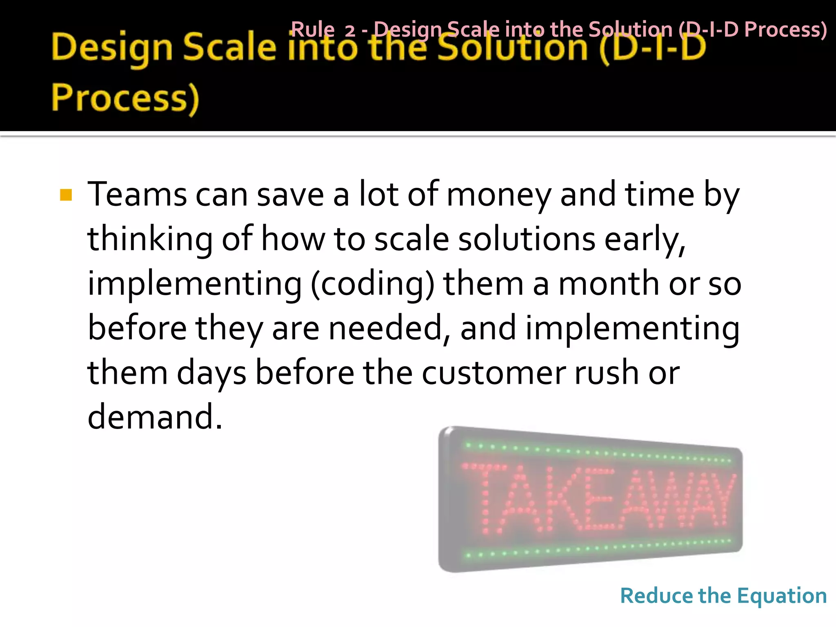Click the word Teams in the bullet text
coord(137,195)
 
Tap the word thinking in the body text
coord(150,240)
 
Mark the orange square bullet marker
coord(66,195)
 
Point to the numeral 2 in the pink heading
coord(350,31)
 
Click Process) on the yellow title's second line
coord(125,99)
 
